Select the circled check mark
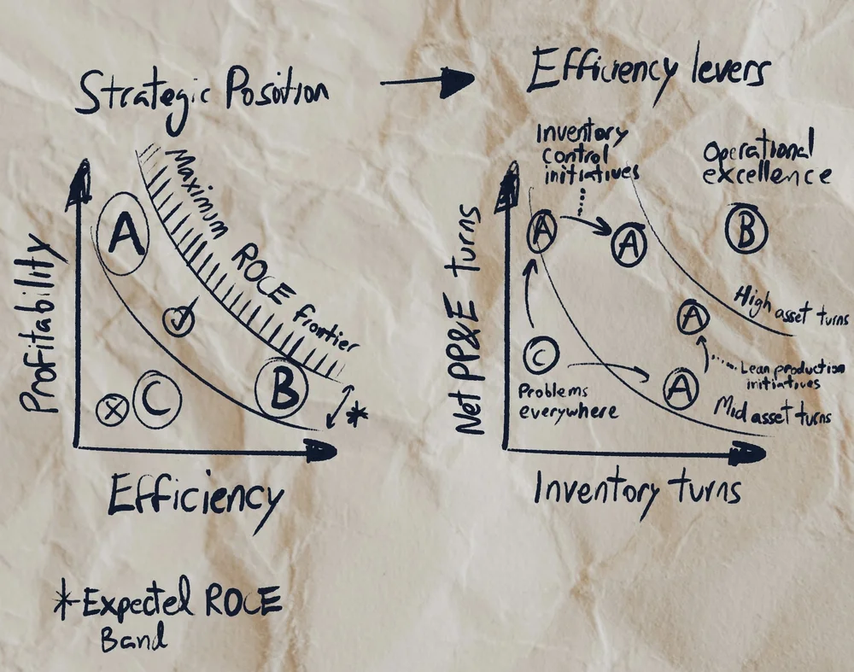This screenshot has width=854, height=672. click(x=178, y=321)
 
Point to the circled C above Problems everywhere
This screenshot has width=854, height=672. click(x=540, y=354)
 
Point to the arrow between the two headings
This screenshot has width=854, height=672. click(x=426, y=81)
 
